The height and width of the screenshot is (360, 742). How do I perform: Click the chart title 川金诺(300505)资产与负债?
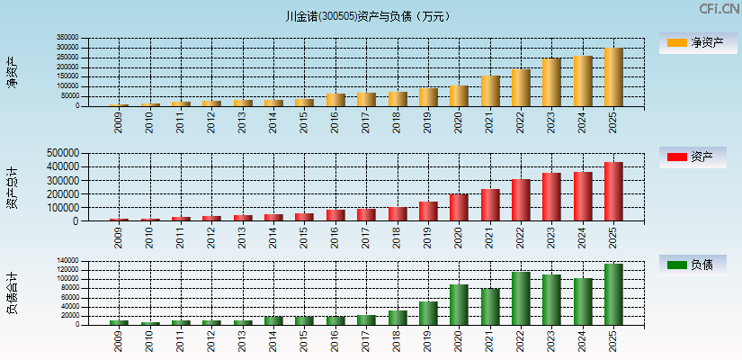tap(371, 16)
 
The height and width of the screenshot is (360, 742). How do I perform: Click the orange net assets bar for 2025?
tap(613, 77)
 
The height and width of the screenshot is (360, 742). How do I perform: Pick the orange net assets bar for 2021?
tap(490, 91)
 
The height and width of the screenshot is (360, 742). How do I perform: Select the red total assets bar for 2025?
tap(613, 192)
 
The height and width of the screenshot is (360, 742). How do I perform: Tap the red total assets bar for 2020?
tap(459, 207)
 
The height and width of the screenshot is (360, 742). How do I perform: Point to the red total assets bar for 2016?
tap(335, 215)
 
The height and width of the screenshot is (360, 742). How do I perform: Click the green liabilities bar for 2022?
tap(521, 298)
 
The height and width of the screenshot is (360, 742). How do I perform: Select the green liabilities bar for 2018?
tap(398, 318)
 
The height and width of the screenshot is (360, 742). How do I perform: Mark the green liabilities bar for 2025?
tap(613, 294)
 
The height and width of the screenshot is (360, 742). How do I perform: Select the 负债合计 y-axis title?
tap(12, 292)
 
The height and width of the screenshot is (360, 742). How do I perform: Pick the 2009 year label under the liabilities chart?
tap(119, 340)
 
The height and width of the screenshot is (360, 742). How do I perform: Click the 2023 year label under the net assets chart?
tap(552, 121)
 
